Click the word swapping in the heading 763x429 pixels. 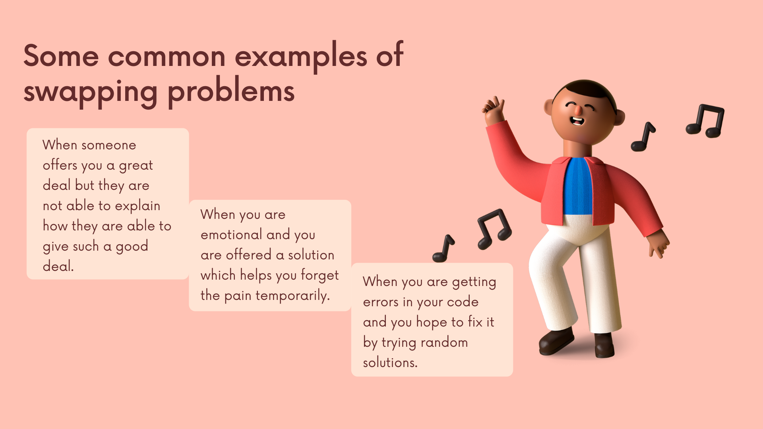point(91,92)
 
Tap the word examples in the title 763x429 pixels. point(301,56)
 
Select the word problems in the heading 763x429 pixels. point(231,92)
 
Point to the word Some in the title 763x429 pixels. point(61,56)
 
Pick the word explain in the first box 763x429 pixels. point(137,206)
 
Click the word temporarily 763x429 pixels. point(293,296)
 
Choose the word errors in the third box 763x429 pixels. point(381,302)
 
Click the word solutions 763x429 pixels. point(390,363)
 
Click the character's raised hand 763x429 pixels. point(493,109)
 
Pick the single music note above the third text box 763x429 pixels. point(443,248)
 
